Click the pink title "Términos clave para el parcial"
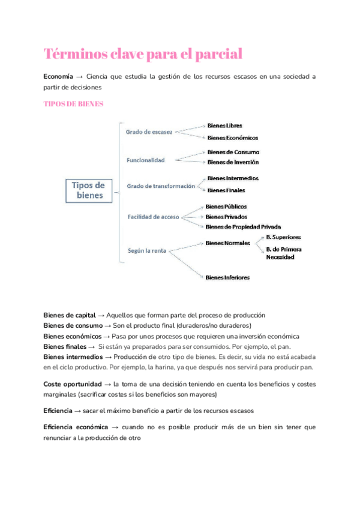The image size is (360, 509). pos(143,54)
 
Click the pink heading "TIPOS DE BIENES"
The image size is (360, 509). pos(74,104)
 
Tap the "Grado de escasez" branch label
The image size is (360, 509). pos(149,131)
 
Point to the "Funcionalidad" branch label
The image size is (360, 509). pos(145,160)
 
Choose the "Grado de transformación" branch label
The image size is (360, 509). pos(161,186)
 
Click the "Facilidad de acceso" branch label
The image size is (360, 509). pos(153,217)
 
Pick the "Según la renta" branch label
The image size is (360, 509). pos(148,250)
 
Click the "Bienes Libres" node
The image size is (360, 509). pos(225,125)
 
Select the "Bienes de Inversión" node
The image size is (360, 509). pos(233,162)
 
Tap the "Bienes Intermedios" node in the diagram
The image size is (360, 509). pos(233,178)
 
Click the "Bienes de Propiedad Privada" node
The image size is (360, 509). pos(243,227)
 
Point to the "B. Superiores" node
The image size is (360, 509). pos(283,237)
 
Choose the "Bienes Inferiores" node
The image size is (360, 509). pos(227,277)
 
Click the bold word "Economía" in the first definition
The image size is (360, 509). pos(58,77)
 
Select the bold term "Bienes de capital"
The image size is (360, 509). pos(69,315)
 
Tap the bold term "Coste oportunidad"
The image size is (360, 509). pos(73,384)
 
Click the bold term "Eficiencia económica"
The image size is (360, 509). pos(75,427)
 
